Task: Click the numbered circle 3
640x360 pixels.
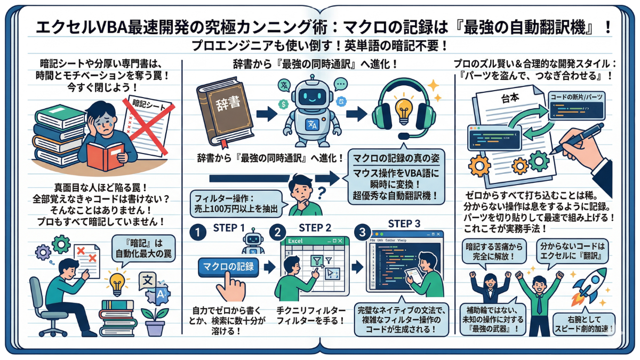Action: pyautogui.click(x=363, y=233)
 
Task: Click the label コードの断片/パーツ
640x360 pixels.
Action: pyautogui.click(x=577, y=97)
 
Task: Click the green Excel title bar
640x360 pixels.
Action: pyautogui.click(x=315, y=241)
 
